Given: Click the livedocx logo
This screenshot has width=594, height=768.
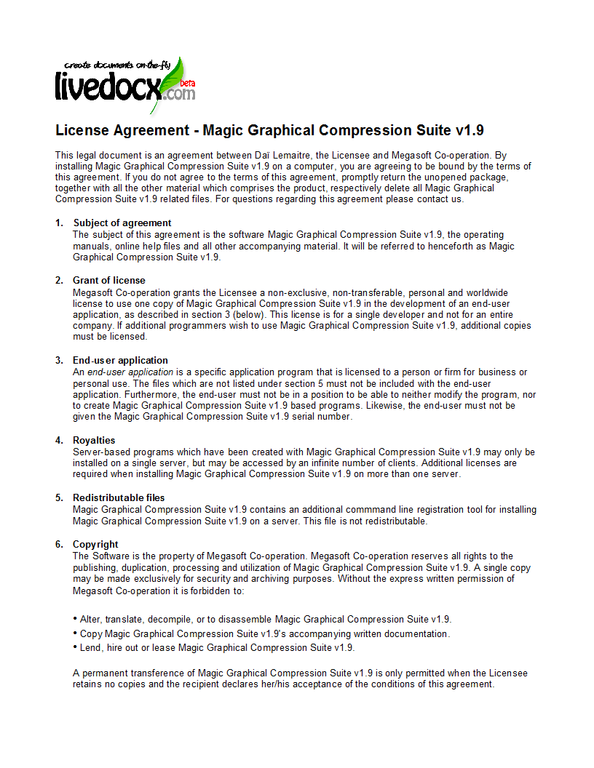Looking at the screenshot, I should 124,85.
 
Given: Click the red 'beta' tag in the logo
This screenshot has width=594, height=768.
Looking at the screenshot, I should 188,83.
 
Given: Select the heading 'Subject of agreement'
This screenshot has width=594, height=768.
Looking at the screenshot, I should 122,223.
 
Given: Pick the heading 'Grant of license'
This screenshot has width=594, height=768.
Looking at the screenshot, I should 109,281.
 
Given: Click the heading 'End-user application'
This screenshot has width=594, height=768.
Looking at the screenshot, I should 120,361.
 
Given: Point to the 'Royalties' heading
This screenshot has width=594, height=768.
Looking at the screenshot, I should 93,441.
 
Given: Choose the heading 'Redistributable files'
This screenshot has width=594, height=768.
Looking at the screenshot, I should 119,498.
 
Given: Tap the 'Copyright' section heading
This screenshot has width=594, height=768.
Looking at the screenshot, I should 95,545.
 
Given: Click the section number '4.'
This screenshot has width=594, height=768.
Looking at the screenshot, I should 59,441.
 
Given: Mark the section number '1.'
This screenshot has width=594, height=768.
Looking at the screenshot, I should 59,223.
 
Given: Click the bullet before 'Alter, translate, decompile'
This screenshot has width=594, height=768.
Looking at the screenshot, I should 75,618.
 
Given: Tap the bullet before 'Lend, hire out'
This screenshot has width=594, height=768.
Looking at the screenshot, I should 75,647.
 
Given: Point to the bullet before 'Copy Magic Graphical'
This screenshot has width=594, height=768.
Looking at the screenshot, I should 75,633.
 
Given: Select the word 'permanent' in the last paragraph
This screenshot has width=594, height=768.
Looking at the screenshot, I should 105,673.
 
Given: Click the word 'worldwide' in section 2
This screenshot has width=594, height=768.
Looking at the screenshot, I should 486,292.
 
